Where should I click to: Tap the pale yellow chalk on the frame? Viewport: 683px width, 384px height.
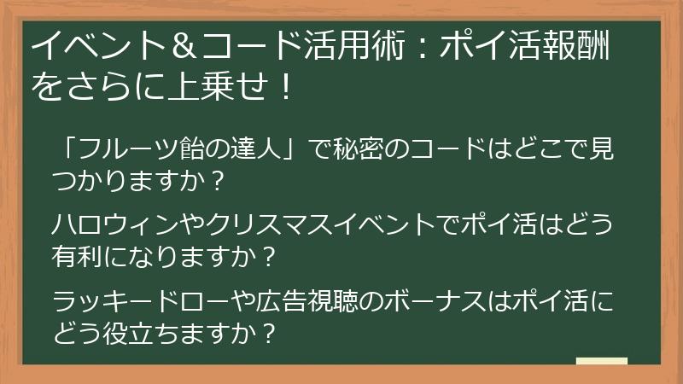pos(601,361)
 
